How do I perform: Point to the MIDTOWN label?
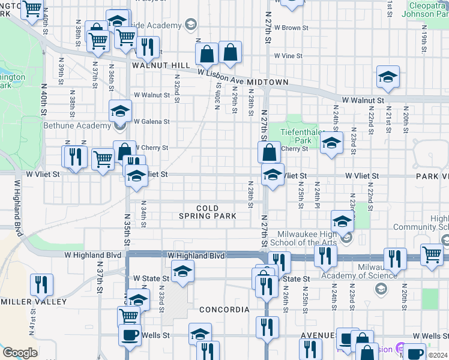pyautogui.click(x=270, y=82)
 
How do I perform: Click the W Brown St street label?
pyautogui.click(x=291, y=28)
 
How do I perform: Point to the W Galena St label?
pyautogui.click(x=152, y=121)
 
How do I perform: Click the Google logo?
pyautogui.click(x=20, y=353)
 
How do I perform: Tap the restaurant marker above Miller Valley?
pyautogui.click(x=41, y=284)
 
